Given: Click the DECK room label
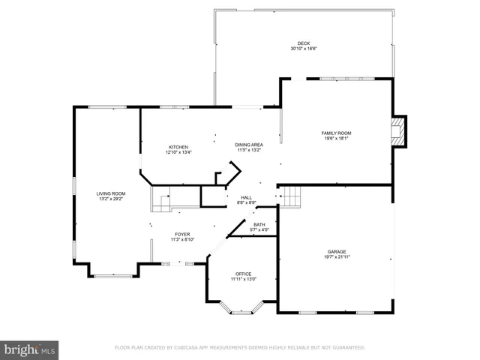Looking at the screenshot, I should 303,43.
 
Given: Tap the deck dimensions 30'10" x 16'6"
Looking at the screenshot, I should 303,49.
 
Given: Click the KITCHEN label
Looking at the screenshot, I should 178,147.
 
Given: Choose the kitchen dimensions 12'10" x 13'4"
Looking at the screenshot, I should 178,152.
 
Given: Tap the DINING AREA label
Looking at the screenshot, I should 248,145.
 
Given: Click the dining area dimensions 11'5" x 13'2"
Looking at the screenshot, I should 248,150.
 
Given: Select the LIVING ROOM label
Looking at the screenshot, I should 110,193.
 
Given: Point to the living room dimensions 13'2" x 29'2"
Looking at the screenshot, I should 110,199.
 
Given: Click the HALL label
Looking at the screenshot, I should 247,197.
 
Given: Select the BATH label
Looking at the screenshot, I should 259,224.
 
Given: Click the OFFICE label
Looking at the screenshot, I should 243,274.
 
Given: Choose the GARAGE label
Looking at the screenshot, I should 336,251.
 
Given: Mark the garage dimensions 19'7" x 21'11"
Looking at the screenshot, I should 336,256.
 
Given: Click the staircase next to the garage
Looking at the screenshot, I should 291,196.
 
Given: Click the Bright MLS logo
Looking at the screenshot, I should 29,349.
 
